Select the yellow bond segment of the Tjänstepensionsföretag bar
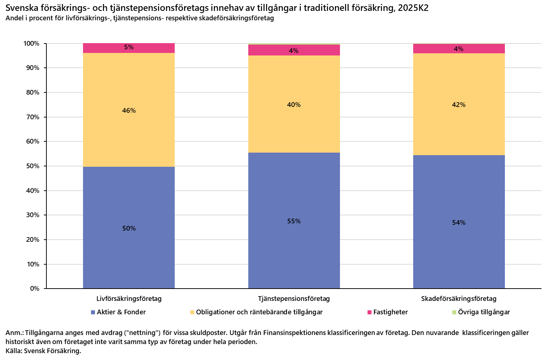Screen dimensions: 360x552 pyautogui.click(x=294, y=127)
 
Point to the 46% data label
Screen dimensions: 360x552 pyautogui.click(x=129, y=111)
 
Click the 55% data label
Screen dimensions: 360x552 pyautogui.click(x=294, y=221)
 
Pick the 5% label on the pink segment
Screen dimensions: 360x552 pyautogui.click(x=129, y=47)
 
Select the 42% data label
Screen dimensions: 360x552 pyautogui.click(x=458, y=105)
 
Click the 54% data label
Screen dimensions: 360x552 pyautogui.click(x=458, y=223)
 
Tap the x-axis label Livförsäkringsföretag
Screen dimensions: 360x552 pyautogui.click(x=129, y=299)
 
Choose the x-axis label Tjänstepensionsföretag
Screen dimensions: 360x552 pyautogui.click(x=294, y=299)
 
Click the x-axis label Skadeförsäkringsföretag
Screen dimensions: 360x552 pyautogui.click(x=458, y=299)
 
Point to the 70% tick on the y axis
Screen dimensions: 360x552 pyautogui.click(x=33, y=117)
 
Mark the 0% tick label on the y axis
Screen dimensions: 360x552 pyautogui.click(x=34, y=289)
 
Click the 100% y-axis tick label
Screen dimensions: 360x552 pyautogui.click(x=32, y=44)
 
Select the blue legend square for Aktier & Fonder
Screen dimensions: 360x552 pyautogui.click(x=93, y=312)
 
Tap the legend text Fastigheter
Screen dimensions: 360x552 pyautogui.click(x=390, y=312)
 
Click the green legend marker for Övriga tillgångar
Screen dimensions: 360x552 pyautogui.click(x=454, y=312)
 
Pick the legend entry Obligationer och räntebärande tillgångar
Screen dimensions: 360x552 pyautogui.click(x=259, y=312)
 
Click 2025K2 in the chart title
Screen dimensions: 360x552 pyautogui.click(x=413, y=8)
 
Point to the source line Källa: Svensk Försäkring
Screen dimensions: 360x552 pyautogui.click(x=43, y=351)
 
